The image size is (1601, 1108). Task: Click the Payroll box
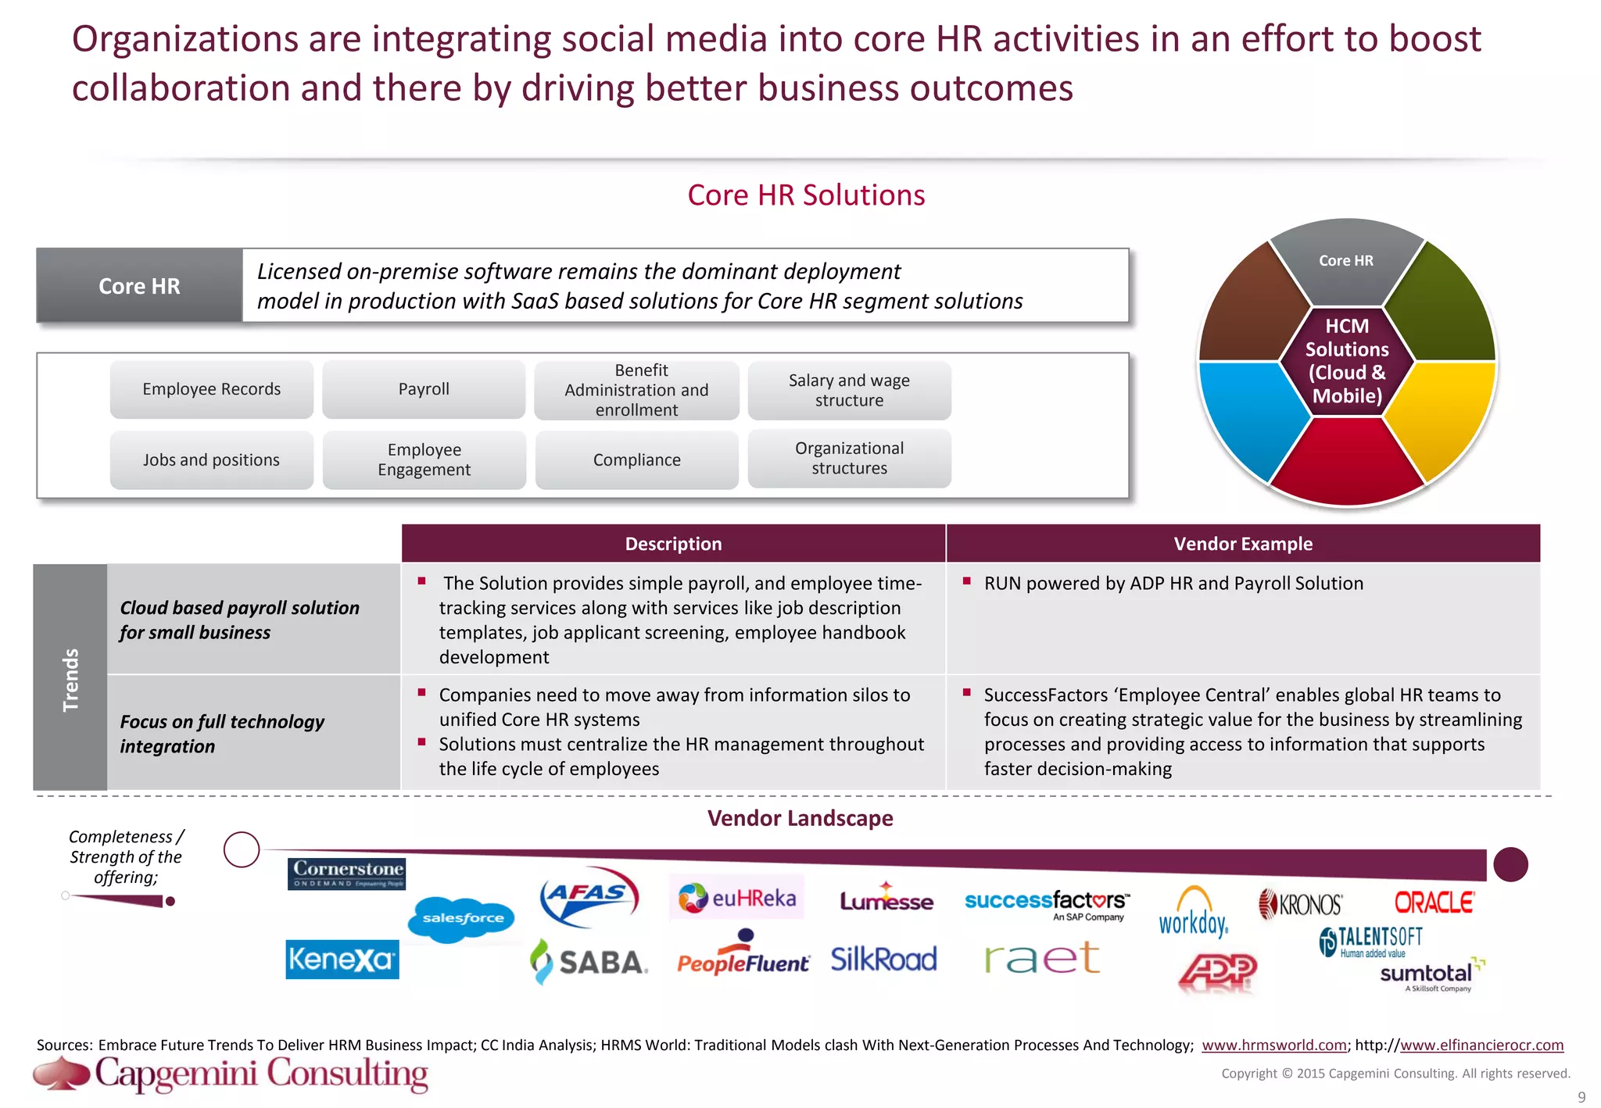pos(424,389)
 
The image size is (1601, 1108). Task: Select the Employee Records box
pos(211,389)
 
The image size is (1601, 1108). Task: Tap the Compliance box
pos(636,460)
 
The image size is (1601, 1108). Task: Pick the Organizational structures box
pos(849,459)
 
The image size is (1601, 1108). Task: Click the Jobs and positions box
pos(211,460)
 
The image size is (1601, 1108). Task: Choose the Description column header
pos(673,544)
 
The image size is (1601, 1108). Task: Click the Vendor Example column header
pos(1243,544)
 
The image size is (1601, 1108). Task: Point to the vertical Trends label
pos(70,678)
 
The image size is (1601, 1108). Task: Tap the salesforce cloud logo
pos(462,919)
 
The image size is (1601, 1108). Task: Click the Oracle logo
pos(1434,903)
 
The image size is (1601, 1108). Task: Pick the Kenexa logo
pos(342,960)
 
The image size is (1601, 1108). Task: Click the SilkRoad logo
pos(883,960)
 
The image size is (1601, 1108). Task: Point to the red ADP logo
pos(1217,972)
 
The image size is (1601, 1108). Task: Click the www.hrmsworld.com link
pos(1273,1045)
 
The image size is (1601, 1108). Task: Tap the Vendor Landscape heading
pos(800,818)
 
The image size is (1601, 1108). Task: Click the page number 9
pos(1581,1097)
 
